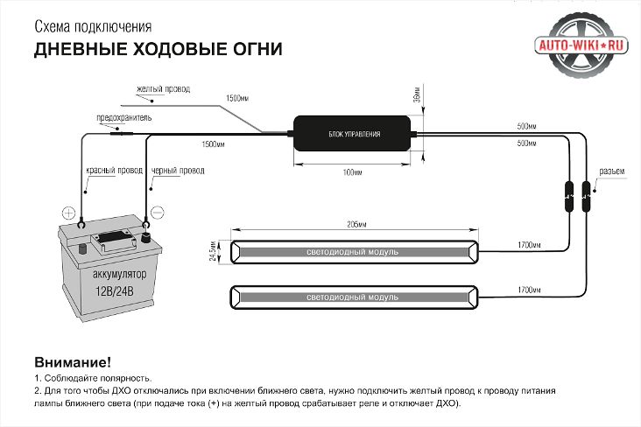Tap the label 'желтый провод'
point(164,89)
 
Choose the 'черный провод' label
point(178,171)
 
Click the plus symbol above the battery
point(69,213)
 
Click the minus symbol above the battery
point(158,212)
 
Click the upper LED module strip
point(354,252)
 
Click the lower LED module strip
point(354,297)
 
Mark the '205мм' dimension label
point(355,225)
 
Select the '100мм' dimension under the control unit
point(353,172)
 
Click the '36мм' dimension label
point(418,94)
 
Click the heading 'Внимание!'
point(73,361)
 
